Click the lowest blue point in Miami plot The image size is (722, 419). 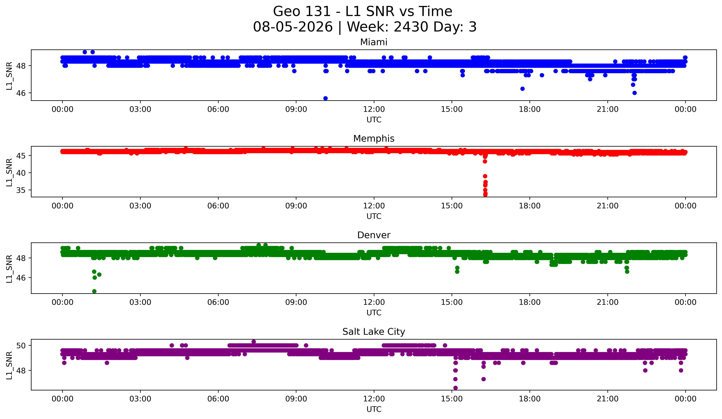(325, 98)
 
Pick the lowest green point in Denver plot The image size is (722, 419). (94, 291)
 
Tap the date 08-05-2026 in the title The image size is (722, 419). (293, 27)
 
